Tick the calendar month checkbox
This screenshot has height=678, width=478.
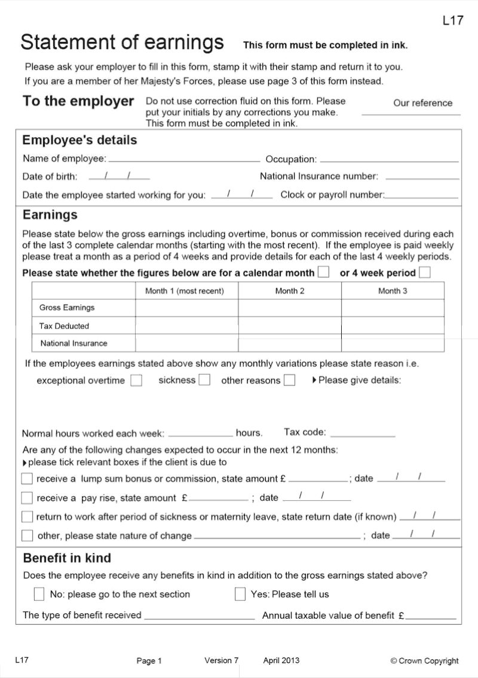323,273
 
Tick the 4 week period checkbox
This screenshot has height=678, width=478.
425,273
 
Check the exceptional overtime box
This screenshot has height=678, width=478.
136,381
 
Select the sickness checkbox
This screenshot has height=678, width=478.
204,380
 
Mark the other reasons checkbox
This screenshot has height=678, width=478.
289,381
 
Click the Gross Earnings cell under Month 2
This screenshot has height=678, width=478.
290,308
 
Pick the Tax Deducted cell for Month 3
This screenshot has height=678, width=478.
393,326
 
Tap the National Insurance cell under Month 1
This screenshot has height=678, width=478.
186,343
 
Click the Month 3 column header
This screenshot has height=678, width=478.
393,291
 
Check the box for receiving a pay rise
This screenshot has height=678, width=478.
27,498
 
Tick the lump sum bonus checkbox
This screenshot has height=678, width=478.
27,479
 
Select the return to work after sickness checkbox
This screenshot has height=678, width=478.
27,516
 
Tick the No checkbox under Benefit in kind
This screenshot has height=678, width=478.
39,594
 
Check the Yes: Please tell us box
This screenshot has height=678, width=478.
240,594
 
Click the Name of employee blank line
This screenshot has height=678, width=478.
184,160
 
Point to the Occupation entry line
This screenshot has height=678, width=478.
389,160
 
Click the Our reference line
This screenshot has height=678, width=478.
411,113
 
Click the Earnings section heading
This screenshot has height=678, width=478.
50,215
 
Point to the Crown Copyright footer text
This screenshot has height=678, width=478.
424,661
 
